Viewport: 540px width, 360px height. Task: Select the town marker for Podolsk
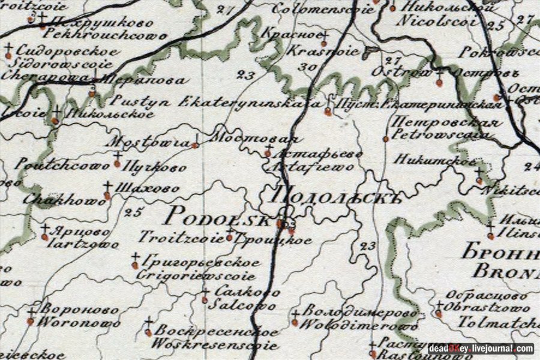coord(279,224)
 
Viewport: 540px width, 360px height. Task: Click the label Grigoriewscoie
coord(196,277)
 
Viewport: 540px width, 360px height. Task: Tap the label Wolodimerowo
coord(359,326)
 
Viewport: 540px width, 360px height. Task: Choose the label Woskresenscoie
coord(214,345)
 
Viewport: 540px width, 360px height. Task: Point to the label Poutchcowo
coord(59,164)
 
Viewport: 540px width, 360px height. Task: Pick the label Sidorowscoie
coord(57,63)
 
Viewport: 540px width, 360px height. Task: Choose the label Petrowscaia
coord(439,134)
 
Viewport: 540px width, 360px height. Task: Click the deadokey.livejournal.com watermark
coord(481,349)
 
